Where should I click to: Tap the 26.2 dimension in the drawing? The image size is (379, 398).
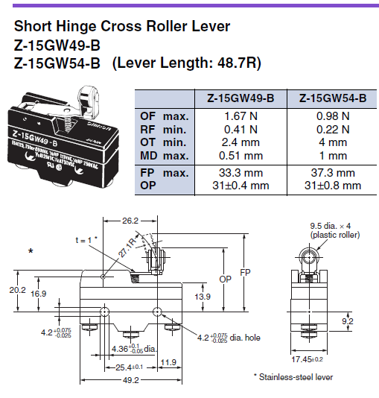[x=130, y=221]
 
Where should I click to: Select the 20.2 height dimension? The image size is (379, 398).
[x=17, y=288]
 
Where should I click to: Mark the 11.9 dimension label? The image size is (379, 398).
[x=168, y=363]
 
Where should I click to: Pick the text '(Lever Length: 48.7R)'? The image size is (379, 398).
[x=186, y=63]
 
